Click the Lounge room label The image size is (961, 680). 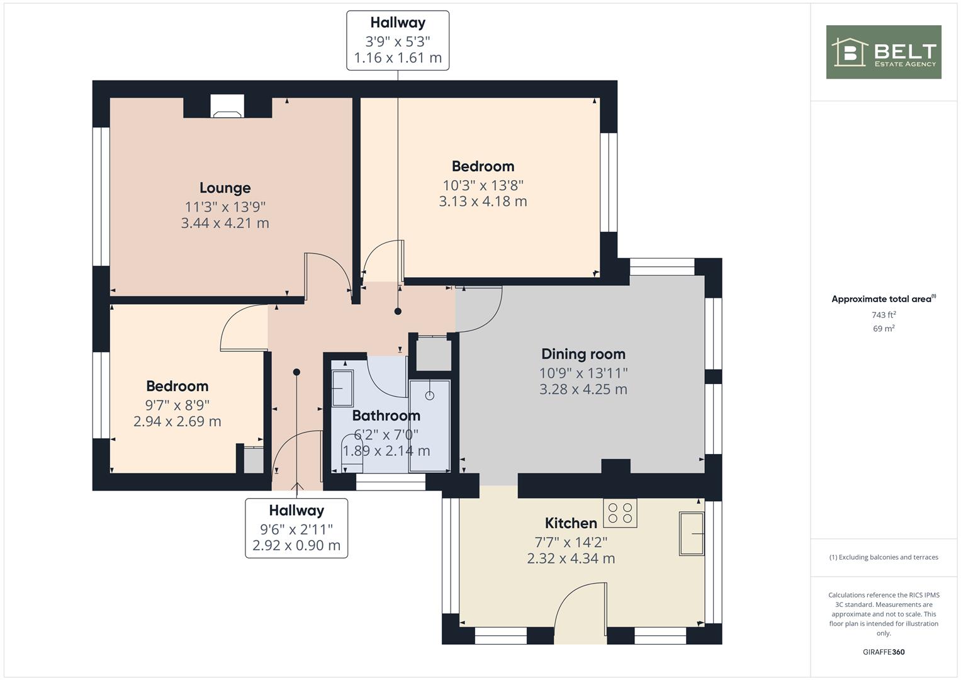click(x=225, y=188)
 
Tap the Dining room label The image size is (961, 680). click(x=583, y=354)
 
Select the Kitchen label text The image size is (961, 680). click(x=571, y=523)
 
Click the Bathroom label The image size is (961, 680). click(x=386, y=416)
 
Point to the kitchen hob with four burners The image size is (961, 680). click(x=620, y=513)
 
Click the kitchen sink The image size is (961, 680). click(x=692, y=534)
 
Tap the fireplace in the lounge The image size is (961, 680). click(x=227, y=106)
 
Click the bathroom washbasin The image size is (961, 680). click(x=342, y=388)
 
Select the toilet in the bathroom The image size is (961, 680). click(x=352, y=454)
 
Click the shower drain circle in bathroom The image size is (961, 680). click(x=429, y=395)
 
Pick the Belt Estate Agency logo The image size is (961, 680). click(x=884, y=52)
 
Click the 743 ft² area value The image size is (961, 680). click(x=884, y=315)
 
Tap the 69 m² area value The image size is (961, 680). click(x=884, y=329)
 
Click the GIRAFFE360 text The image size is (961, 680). click(x=884, y=652)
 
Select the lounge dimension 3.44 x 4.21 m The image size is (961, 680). click(x=225, y=224)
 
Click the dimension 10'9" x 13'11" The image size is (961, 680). click(x=583, y=373)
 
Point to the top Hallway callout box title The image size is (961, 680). click(x=398, y=23)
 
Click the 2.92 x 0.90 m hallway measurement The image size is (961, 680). click(x=296, y=546)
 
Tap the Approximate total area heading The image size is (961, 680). click(x=884, y=299)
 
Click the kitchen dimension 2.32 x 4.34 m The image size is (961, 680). click(x=571, y=558)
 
